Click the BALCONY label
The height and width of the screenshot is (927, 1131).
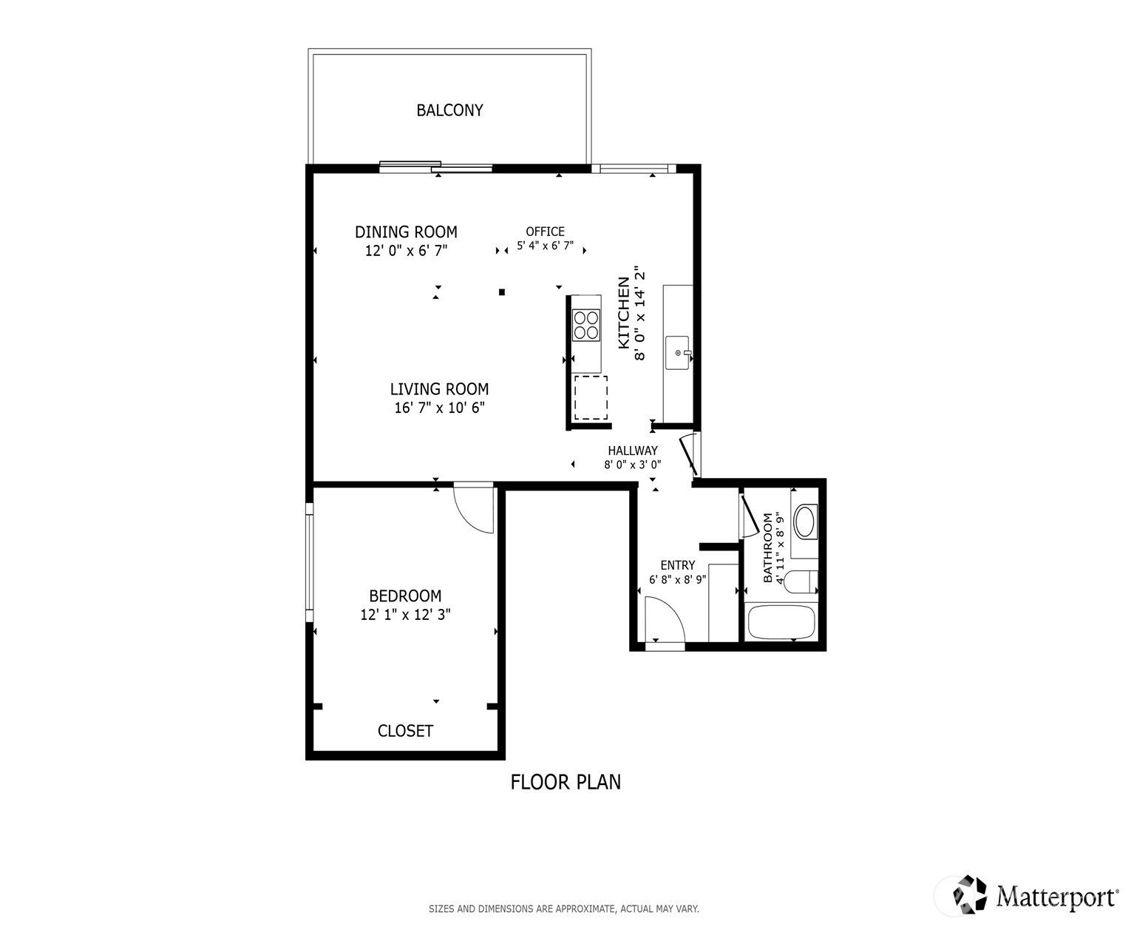[449, 110]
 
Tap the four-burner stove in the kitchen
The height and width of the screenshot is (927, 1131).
[585, 326]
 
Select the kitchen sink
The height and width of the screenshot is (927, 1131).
[677, 353]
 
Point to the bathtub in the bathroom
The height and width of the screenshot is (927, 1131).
[781, 622]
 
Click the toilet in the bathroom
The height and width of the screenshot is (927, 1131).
[800, 582]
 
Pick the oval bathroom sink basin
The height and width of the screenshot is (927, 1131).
[804, 522]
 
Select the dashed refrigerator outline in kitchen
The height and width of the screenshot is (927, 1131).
[591, 398]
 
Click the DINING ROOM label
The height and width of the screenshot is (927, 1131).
[406, 232]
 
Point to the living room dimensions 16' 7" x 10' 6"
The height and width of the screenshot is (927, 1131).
[440, 408]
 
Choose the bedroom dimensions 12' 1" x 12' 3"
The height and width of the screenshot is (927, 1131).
[405, 614]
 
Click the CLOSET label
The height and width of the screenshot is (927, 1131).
[405, 730]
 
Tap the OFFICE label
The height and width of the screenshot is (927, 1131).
[545, 232]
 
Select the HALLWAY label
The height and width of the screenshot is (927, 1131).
[633, 451]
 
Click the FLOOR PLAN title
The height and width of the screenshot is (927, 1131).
[565, 782]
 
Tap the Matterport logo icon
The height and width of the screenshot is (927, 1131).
[970, 894]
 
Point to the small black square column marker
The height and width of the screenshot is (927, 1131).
[502, 292]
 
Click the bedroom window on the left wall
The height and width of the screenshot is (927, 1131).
[310, 562]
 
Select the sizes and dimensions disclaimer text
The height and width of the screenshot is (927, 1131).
[563, 909]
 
